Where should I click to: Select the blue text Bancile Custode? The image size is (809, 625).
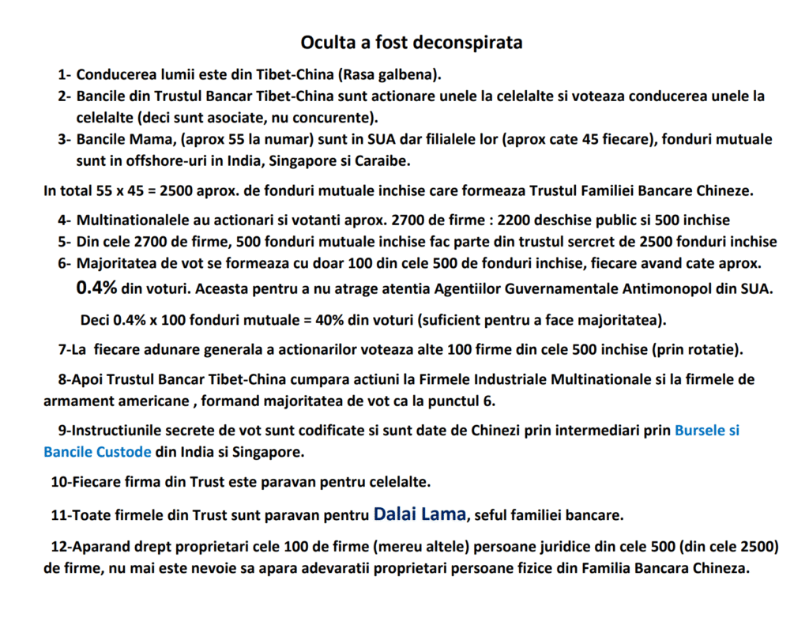pos(97,453)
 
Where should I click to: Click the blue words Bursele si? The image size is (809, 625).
pos(707,431)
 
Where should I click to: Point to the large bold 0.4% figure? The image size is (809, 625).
pos(96,288)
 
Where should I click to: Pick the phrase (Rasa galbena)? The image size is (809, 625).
pos(389,75)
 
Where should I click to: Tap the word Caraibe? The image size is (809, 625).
pos(386,160)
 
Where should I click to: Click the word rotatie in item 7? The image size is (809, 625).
pos(715,348)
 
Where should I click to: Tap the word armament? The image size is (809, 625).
pos(76,400)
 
